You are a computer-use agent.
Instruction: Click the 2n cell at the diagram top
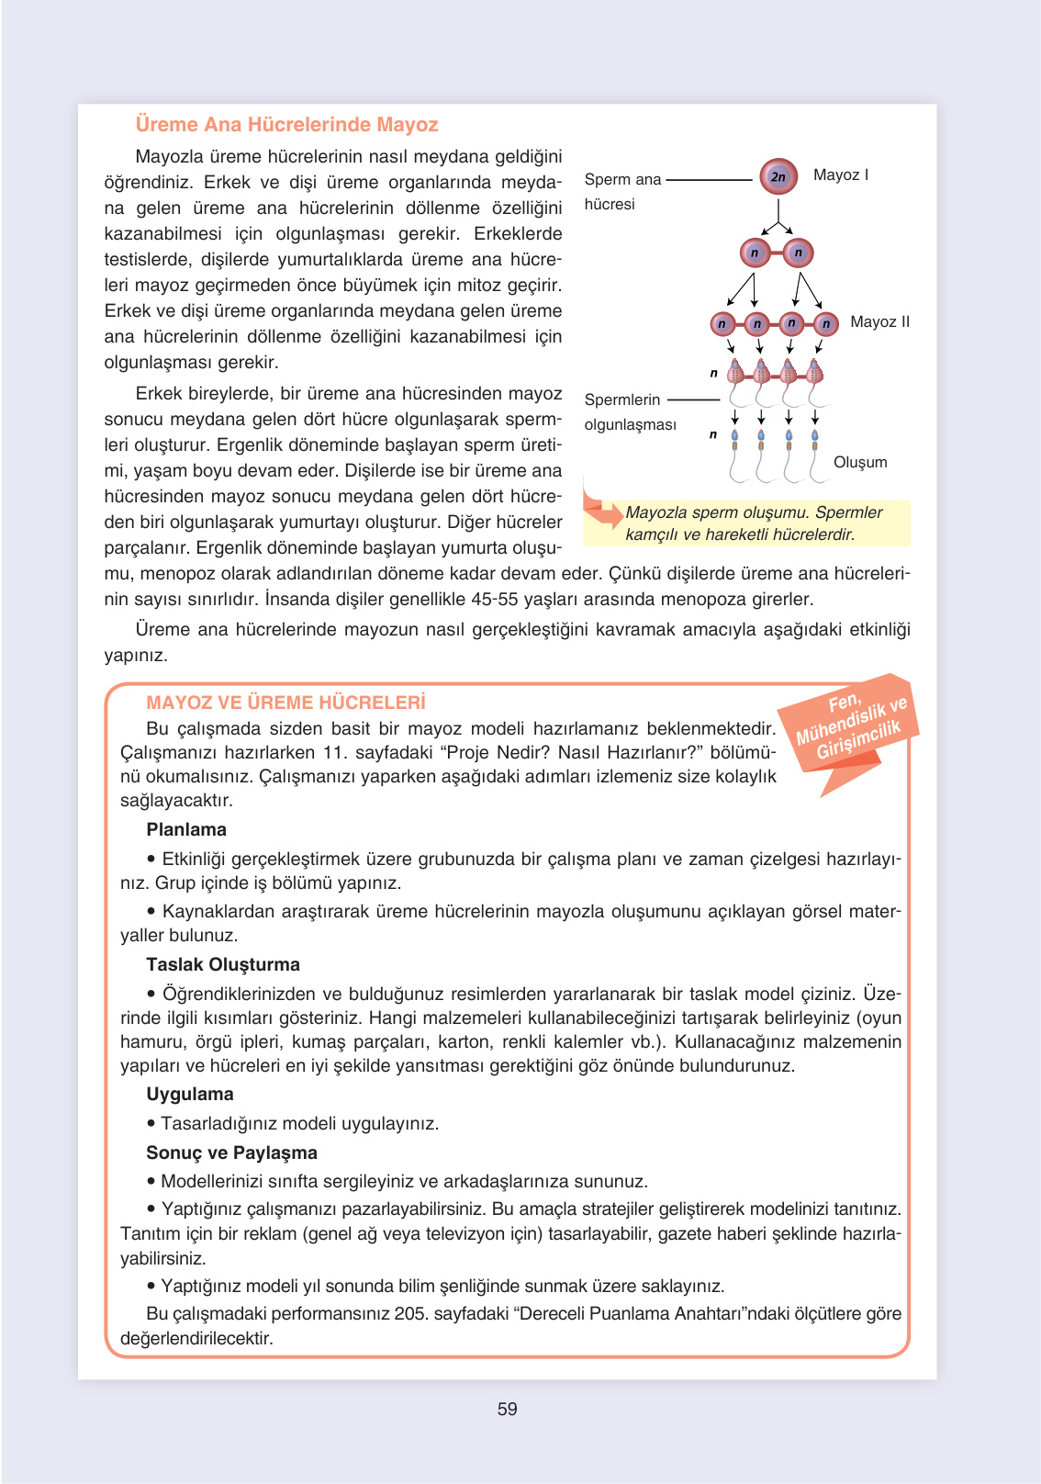point(778,176)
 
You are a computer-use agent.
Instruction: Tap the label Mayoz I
point(840,174)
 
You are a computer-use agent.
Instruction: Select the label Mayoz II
point(879,321)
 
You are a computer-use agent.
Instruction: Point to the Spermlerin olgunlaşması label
point(629,411)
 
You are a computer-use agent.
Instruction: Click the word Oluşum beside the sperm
point(859,462)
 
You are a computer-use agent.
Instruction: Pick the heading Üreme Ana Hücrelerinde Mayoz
point(286,124)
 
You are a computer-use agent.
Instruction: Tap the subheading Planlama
point(186,829)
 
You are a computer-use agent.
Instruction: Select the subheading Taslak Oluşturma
point(223,964)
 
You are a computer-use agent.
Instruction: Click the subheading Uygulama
point(190,1094)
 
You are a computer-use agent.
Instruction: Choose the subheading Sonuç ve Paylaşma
point(231,1152)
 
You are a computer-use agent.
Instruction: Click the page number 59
point(507,1409)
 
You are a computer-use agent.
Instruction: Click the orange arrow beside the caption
point(602,511)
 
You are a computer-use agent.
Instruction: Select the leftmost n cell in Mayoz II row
point(722,323)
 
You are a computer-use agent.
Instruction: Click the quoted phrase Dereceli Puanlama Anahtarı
point(632,1313)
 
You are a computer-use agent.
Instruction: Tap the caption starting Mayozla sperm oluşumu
point(753,523)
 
